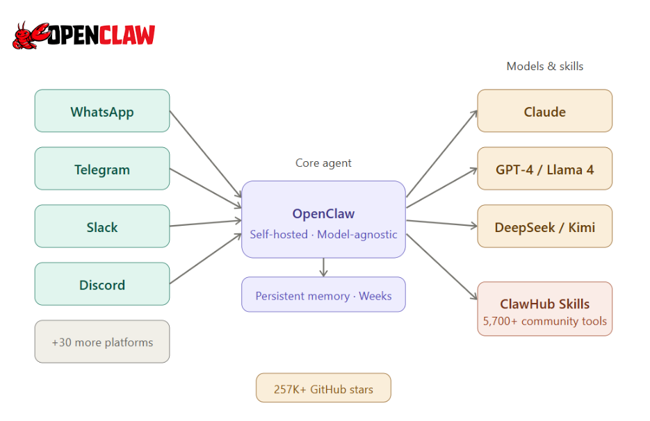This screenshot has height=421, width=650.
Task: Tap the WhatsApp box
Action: pyautogui.click(x=102, y=111)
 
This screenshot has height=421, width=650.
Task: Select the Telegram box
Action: pyautogui.click(x=102, y=169)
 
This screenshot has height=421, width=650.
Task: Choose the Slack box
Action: pyautogui.click(x=102, y=226)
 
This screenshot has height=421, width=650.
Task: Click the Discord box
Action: pyautogui.click(x=102, y=284)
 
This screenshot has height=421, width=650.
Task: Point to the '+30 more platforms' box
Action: pyautogui.click(x=102, y=342)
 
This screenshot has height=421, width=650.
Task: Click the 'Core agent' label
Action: pyautogui.click(x=323, y=163)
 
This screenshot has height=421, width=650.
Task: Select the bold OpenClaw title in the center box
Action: pyautogui.click(x=323, y=214)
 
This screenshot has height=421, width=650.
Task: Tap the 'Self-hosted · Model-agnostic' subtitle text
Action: pyautogui.click(x=323, y=235)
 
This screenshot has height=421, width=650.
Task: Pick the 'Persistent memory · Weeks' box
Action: pyautogui.click(x=323, y=295)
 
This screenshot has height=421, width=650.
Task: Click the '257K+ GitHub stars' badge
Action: pyautogui.click(x=323, y=388)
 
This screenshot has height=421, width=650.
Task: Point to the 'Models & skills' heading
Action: pyautogui.click(x=544, y=67)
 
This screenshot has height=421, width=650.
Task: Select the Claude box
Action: pyautogui.click(x=544, y=111)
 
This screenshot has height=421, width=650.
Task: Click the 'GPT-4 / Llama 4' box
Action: pyautogui.click(x=544, y=169)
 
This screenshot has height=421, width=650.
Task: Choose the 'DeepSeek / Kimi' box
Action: pyautogui.click(x=544, y=226)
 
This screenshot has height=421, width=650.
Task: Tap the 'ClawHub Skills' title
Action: pyautogui.click(x=544, y=304)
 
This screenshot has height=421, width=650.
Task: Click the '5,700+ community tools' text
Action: pyautogui.click(x=544, y=322)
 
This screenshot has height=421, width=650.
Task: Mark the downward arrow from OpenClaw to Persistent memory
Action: pyautogui.click(x=323, y=267)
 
